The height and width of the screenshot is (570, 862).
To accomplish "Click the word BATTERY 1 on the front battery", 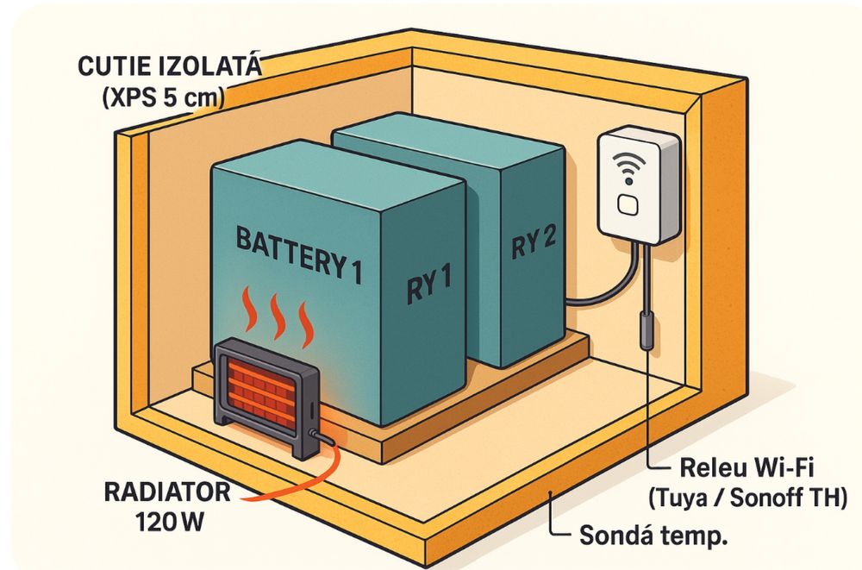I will tap(297, 253).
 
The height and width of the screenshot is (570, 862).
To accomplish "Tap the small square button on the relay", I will tap(629, 204).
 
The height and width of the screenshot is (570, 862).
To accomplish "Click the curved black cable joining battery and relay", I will tap(603, 294).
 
